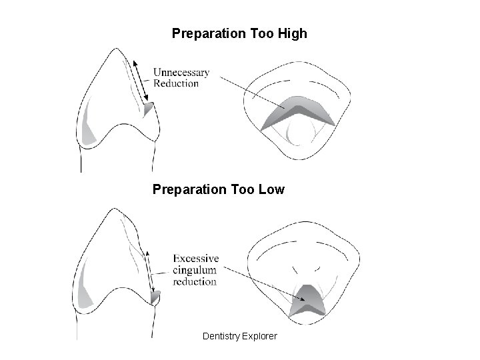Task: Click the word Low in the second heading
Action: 270,190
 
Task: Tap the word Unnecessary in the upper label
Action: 181,72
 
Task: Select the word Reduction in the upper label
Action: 176,83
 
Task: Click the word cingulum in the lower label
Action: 195,269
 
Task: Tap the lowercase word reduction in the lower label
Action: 195,281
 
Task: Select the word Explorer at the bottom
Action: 261,336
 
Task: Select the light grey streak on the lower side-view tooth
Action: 83,293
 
